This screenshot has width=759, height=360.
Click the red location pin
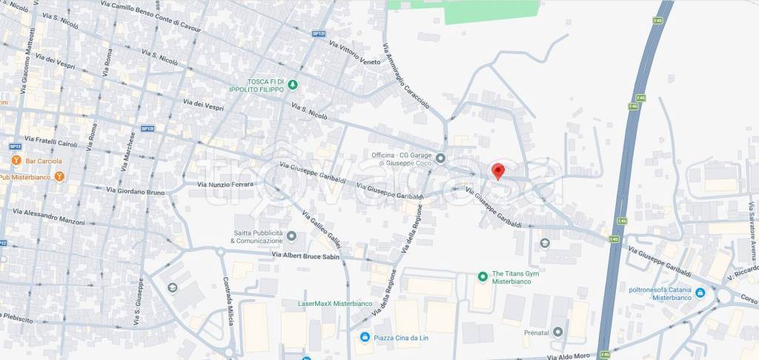pyautogui.click(x=499, y=171)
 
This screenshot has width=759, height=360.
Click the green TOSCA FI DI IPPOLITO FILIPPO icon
pyautogui.click(x=293, y=84)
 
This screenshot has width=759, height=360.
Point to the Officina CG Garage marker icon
pyautogui.click(x=440, y=158)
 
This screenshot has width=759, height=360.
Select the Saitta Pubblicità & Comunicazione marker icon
pyautogui.click(x=291, y=236)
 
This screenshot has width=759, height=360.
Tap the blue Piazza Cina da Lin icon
pyautogui.click(x=364, y=338)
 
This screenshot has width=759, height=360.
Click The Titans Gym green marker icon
pyautogui.click(x=483, y=277)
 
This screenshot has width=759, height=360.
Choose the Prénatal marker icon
pyautogui.click(x=557, y=331)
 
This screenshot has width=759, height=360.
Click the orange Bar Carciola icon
pyautogui.click(x=15, y=161)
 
